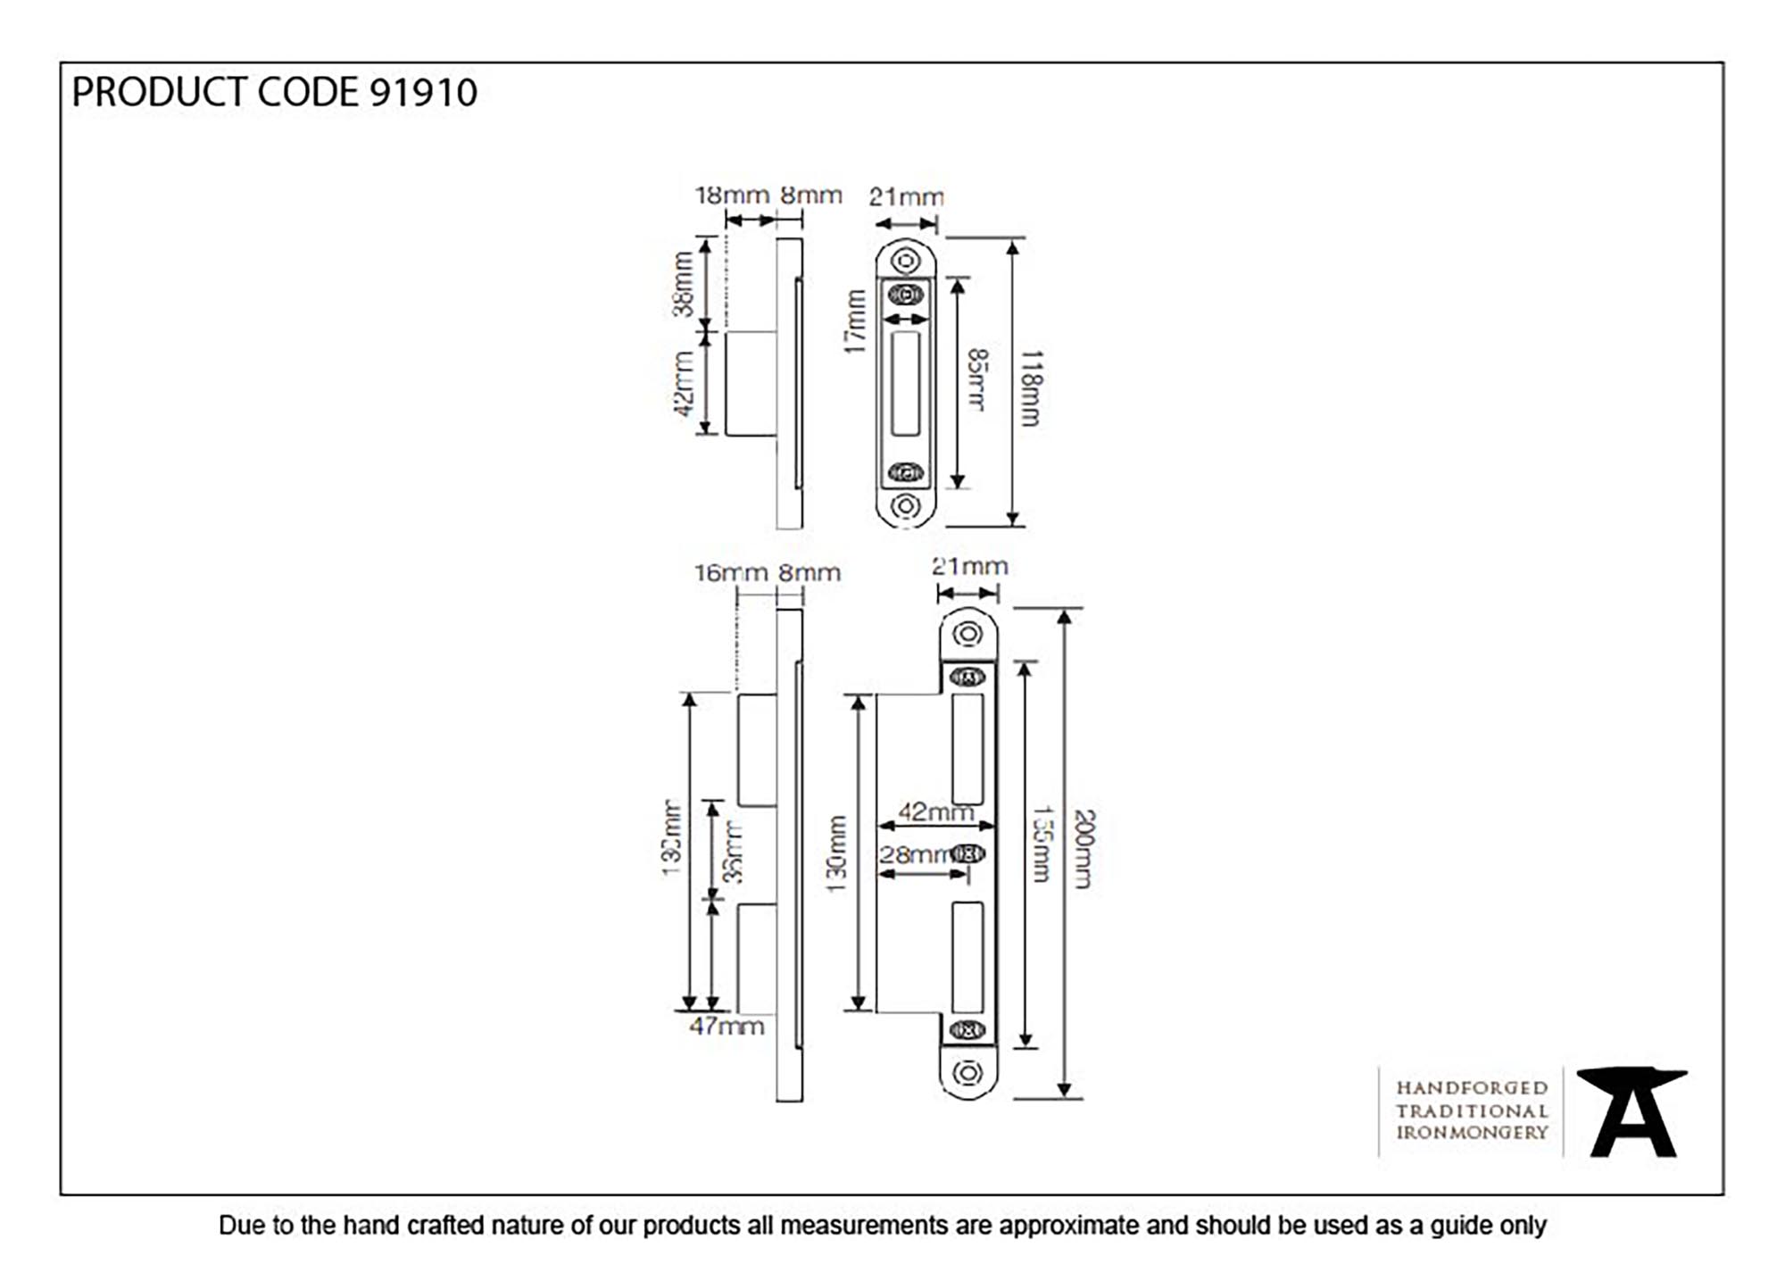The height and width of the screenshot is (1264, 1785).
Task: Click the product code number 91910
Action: point(423,93)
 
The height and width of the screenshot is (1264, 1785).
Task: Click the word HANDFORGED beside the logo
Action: point(1472,1088)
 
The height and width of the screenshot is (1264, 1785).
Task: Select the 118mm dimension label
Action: point(1030,388)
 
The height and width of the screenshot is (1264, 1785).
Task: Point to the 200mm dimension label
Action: point(1083,849)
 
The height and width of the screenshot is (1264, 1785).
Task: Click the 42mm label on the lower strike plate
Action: point(934,812)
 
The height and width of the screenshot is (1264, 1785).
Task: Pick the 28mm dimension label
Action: point(915,854)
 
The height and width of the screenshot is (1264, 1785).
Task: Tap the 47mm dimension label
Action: point(726,1027)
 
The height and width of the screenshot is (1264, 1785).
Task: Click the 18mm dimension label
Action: point(731,195)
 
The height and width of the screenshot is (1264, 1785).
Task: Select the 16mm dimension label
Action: point(730,573)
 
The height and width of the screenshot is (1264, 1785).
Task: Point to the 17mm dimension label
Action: point(856,321)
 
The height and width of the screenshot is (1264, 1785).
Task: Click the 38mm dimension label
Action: point(683,284)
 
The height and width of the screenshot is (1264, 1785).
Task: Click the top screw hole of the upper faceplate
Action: point(906,262)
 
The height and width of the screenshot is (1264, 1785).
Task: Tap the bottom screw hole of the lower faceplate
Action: point(967,1072)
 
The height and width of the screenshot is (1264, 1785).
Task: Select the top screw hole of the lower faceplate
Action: point(967,635)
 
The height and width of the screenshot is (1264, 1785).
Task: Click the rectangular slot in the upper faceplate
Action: point(905,384)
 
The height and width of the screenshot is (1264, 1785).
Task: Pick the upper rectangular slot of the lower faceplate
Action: point(967,748)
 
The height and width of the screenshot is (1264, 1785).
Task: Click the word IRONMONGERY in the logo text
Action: point(1472,1133)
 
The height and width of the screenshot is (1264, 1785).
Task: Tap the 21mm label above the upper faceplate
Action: point(906,197)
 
